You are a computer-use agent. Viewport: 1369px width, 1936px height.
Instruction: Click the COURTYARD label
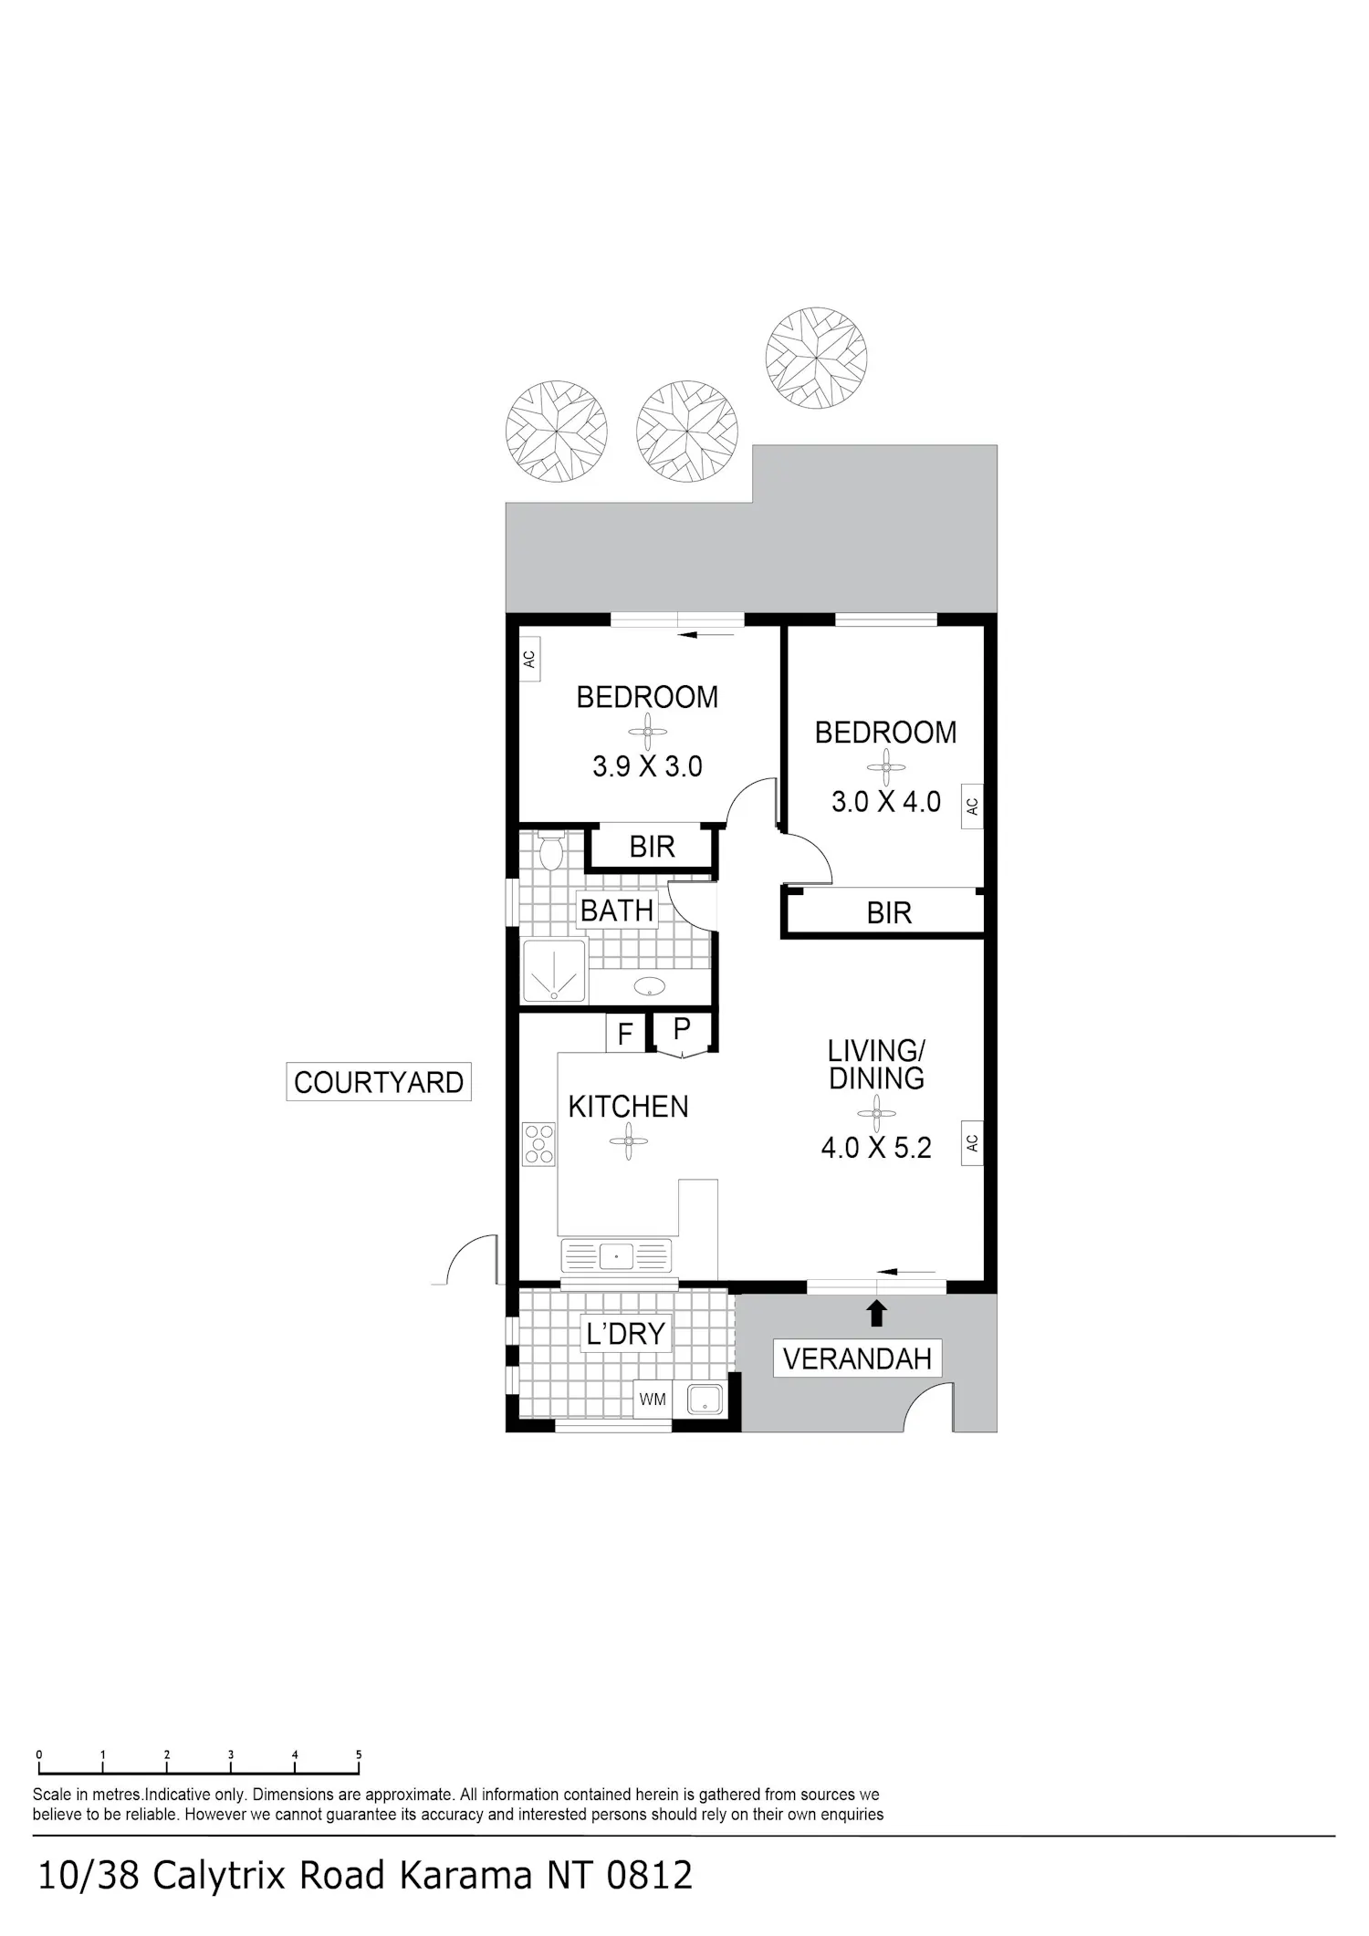pyautogui.click(x=379, y=1082)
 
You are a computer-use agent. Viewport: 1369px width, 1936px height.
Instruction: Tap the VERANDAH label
pyautogui.click(x=857, y=1358)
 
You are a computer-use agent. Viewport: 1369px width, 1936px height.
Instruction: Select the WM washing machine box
pyautogui.click(x=653, y=1400)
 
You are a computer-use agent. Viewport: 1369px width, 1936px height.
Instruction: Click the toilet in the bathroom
pyautogui.click(x=551, y=851)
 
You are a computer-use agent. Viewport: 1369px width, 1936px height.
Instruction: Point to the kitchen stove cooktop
pyautogui.click(x=538, y=1143)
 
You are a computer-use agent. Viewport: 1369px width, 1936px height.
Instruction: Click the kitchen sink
pyautogui.click(x=617, y=1256)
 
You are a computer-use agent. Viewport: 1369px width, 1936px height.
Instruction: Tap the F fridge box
pyautogui.click(x=625, y=1034)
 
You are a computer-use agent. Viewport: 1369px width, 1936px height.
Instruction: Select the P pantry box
pyautogui.click(x=682, y=1031)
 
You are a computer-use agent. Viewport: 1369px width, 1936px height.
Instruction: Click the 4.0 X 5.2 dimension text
pyautogui.click(x=876, y=1148)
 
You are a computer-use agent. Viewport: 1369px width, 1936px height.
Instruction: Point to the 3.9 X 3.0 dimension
pyautogui.click(x=647, y=766)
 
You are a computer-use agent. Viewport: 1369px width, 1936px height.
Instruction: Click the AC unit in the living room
pyautogui.click(x=972, y=1142)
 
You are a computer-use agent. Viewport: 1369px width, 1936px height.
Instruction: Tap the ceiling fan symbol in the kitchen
pyautogui.click(x=629, y=1141)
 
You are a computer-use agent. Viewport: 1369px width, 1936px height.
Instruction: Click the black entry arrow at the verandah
pyautogui.click(x=876, y=1313)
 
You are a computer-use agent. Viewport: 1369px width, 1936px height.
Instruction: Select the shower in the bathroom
pyautogui.click(x=554, y=971)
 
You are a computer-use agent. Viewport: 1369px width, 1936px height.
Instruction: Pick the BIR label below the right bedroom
pyautogui.click(x=889, y=912)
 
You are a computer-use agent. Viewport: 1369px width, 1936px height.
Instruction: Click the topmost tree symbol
pyautogui.click(x=816, y=358)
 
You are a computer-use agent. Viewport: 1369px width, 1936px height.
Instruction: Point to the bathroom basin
pyautogui.click(x=649, y=985)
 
